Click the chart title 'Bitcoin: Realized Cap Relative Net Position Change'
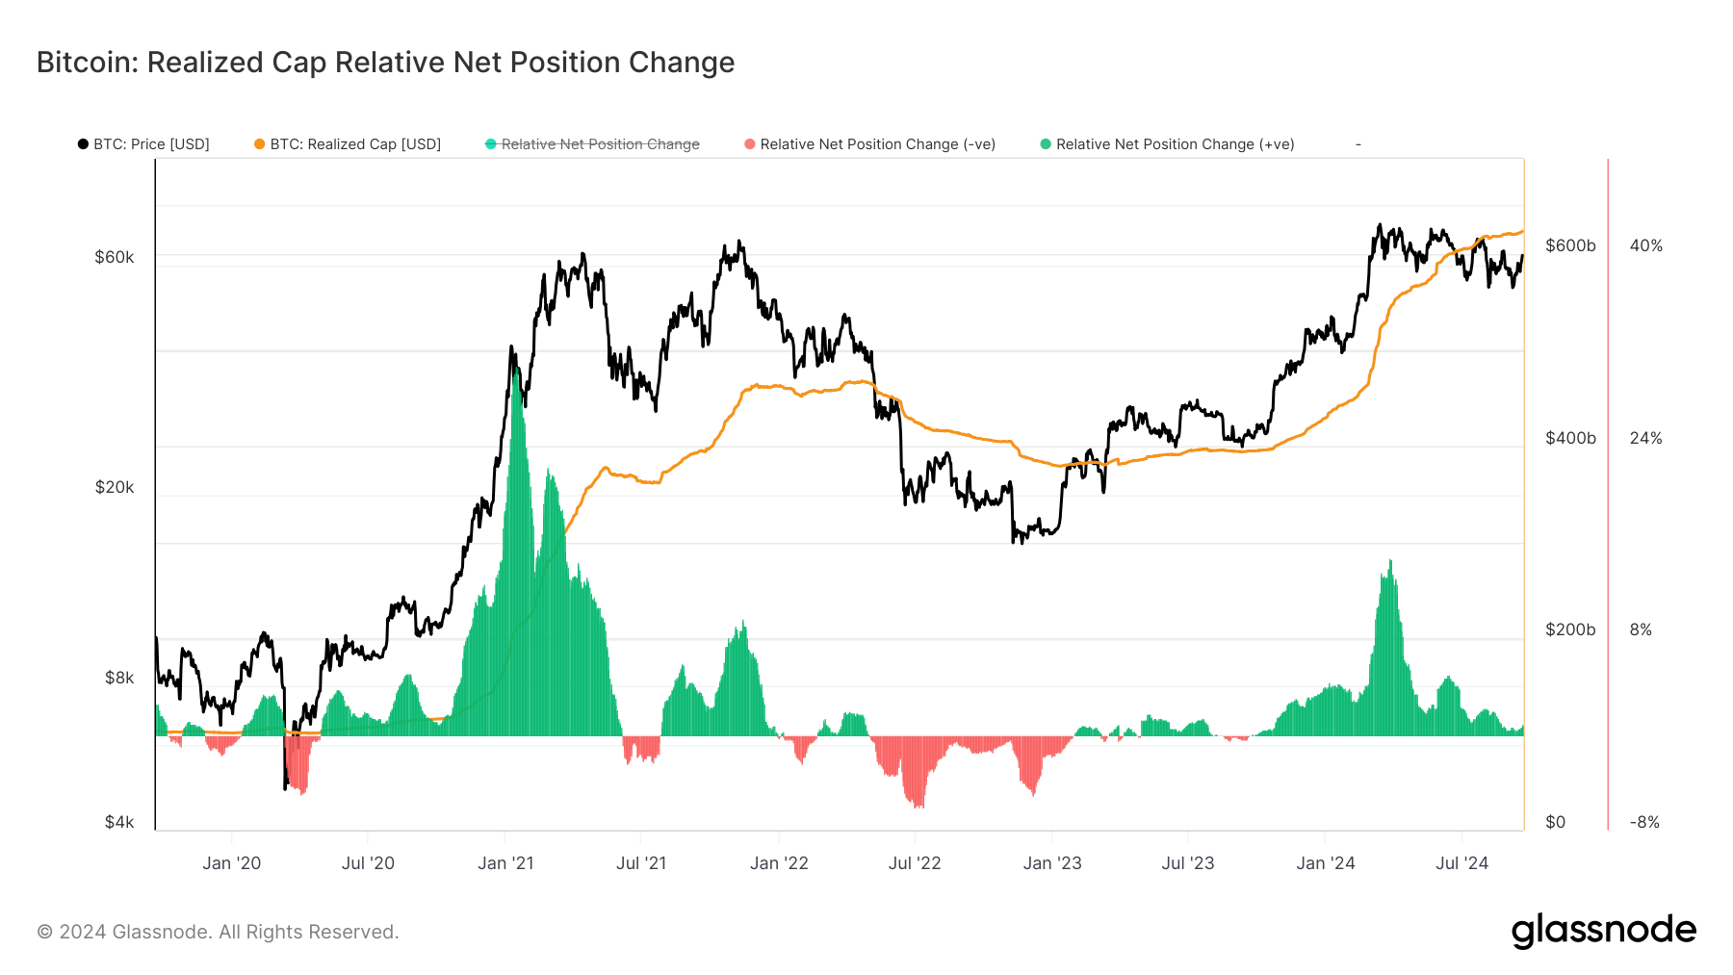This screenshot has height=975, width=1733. [385, 63]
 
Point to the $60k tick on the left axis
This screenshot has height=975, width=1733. [115, 257]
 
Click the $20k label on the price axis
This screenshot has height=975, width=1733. [115, 487]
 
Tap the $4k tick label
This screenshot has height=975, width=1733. [119, 822]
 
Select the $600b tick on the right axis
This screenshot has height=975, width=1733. [1570, 245]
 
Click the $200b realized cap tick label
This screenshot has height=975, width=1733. [1570, 629]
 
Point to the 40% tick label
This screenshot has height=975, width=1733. [1645, 245]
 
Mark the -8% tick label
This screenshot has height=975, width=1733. [1644, 822]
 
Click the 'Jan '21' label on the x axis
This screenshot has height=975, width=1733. [505, 863]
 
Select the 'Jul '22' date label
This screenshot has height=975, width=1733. [915, 863]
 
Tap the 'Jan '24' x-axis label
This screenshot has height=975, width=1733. [1325, 863]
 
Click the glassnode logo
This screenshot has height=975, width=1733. [1603, 931]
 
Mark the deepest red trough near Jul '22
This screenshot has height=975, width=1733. [918, 805]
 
